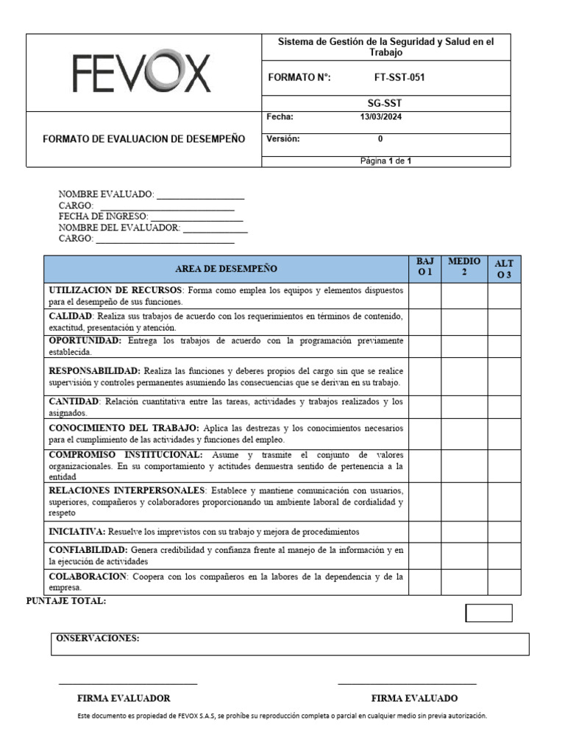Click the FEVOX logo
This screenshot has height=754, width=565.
(142, 74)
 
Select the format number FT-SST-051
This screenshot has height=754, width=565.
(399, 78)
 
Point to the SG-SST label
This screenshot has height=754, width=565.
(385, 104)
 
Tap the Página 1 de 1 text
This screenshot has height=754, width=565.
(385, 161)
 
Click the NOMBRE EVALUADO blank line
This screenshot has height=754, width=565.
(200, 195)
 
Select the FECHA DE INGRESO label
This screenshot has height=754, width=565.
(102, 216)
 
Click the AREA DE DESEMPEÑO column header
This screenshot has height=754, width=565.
(226, 269)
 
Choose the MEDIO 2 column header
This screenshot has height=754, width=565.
(463, 267)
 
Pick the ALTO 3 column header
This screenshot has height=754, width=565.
(504, 269)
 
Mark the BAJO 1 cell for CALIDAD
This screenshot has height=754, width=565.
(424, 322)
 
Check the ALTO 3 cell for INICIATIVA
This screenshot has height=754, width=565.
(504, 531)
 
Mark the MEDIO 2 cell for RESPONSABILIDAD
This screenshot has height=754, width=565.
(463, 377)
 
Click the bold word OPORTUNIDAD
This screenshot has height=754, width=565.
(85, 341)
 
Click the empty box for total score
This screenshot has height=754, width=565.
(488, 613)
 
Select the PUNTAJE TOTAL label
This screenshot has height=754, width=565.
(66, 602)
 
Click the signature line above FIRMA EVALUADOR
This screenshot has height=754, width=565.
(128, 684)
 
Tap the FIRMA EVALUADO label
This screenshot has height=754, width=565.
(414, 698)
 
